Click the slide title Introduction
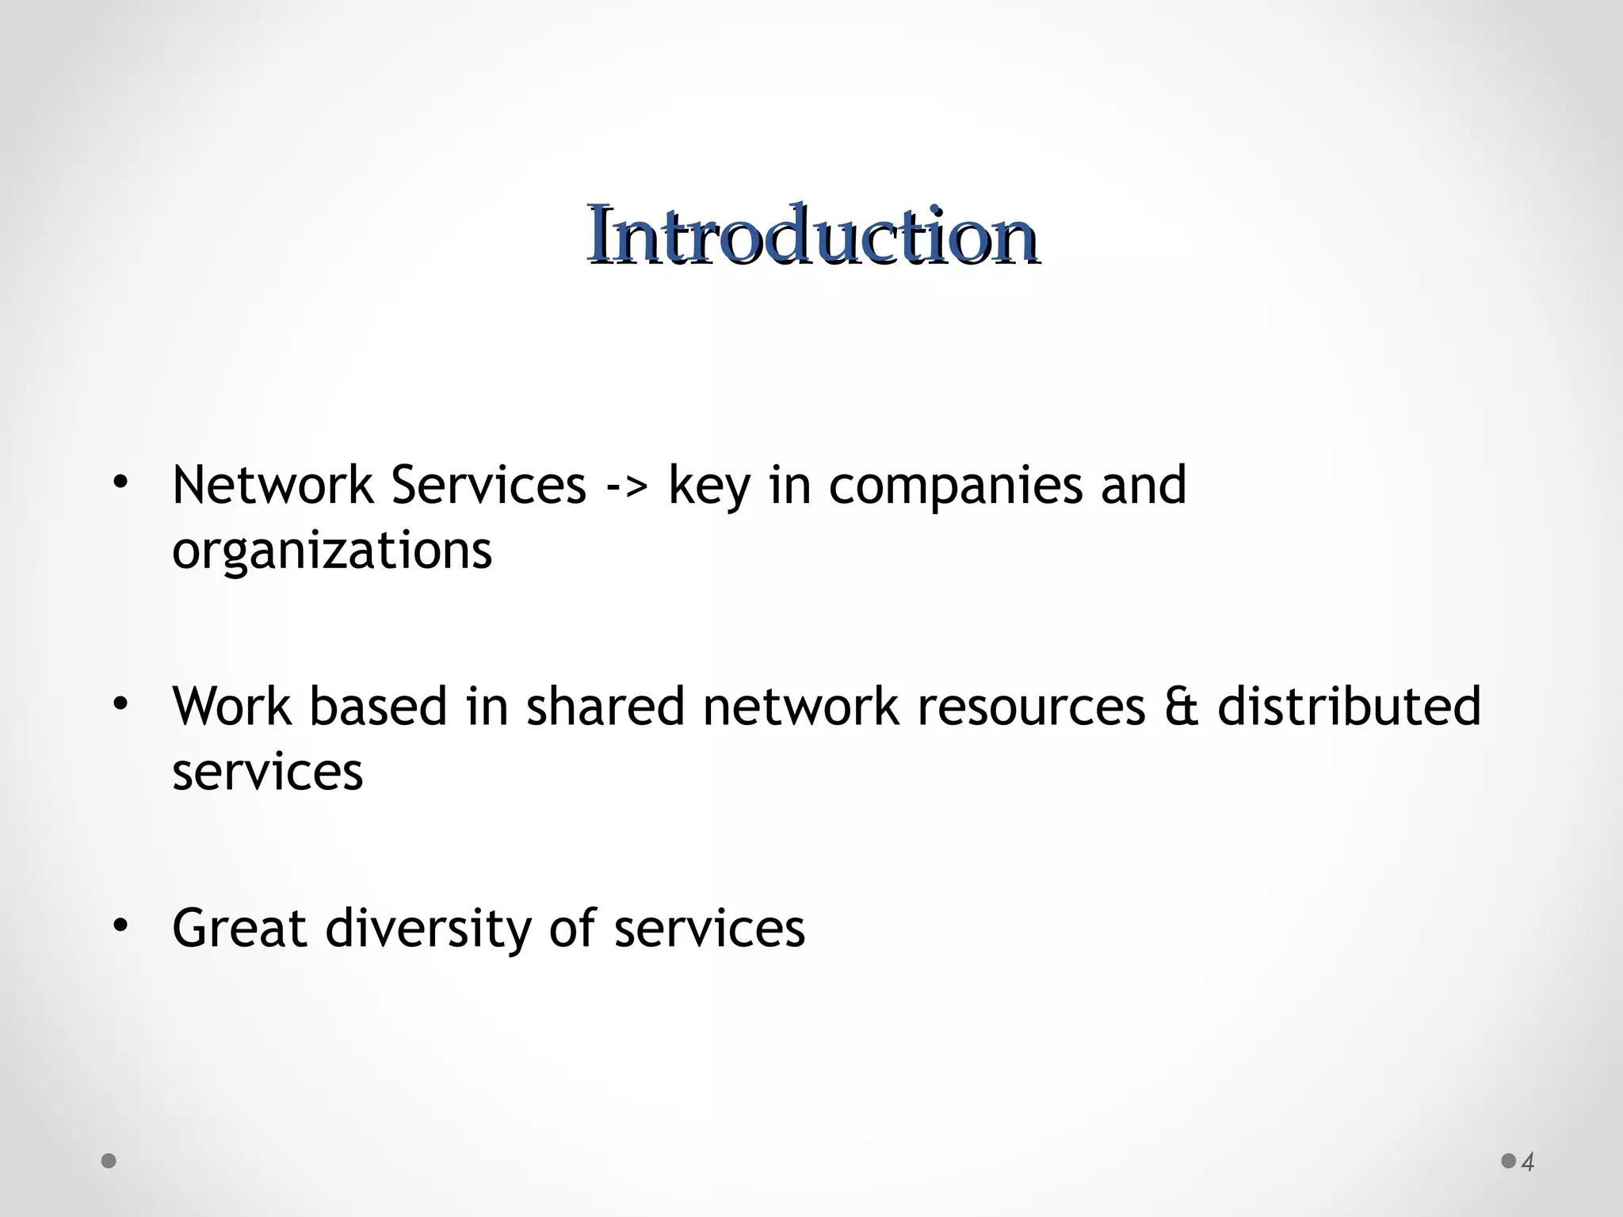point(812,235)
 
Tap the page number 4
point(1529,1162)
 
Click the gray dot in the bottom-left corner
point(109,1162)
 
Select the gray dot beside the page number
point(1509,1161)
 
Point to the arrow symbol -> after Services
point(626,486)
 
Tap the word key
point(708,486)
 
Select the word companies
point(954,486)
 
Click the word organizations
point(332,550)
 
